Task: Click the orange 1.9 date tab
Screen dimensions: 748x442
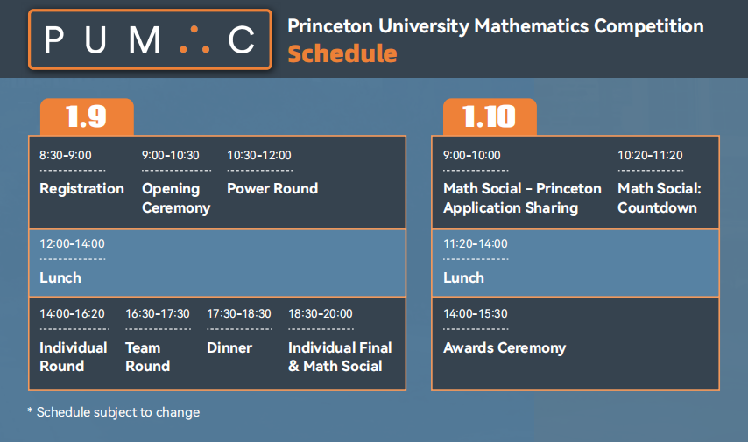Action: [87, 116]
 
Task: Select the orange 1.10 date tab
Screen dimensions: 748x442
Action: [490, 116]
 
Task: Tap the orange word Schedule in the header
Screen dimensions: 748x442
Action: [342, 53]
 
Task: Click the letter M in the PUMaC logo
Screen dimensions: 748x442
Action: [145, 40]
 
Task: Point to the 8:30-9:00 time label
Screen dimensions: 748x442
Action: [66, 155]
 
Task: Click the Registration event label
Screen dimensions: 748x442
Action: [81, 188]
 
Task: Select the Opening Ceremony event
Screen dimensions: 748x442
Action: [176, 198]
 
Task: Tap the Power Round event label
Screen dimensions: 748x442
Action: [272, 188]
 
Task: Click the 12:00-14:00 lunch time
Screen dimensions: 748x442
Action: [72, 243]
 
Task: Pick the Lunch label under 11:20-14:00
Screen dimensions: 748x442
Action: [463, 277]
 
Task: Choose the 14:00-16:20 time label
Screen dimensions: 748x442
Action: [72, 313]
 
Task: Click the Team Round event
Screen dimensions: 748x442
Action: [148, 356]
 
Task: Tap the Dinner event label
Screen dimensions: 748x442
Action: [229, 347]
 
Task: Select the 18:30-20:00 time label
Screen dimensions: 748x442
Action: [321, 313]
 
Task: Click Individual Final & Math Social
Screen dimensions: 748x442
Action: [340, 356]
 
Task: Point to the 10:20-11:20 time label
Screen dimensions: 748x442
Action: [650, 155]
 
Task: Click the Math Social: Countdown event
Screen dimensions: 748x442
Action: [660, 198]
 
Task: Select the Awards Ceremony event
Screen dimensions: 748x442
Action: [505, 347]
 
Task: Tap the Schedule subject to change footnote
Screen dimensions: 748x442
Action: [114, 412]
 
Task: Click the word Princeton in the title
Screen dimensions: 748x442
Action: [330, 25]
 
